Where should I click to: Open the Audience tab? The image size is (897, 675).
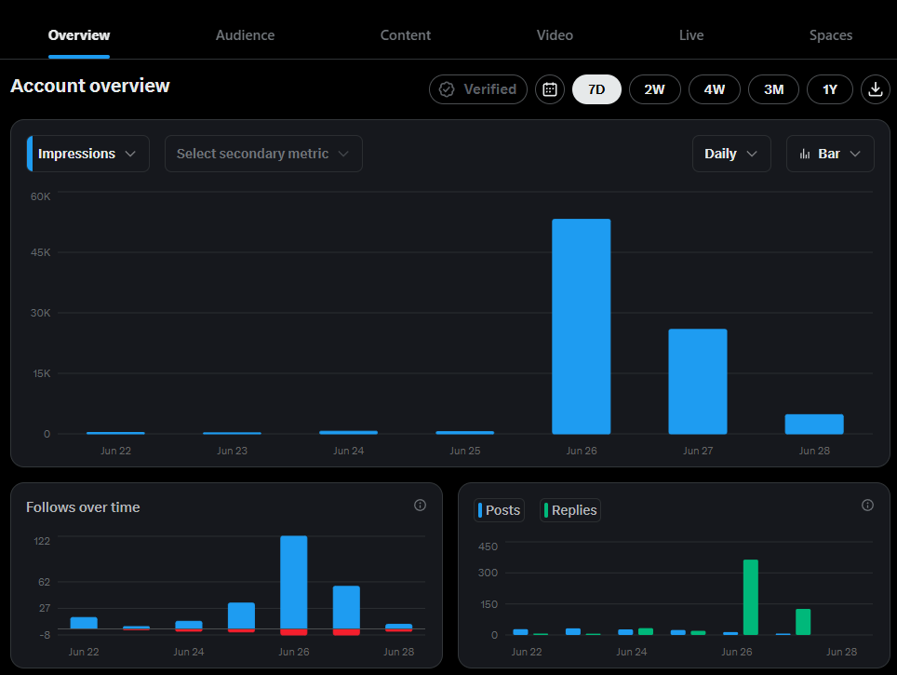coord(245,35)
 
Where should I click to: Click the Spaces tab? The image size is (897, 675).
coord(831,35)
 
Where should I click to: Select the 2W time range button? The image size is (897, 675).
coord(654,89)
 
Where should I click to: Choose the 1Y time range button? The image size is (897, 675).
coord(829,89)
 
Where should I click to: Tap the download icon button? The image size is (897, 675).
coord(876,89)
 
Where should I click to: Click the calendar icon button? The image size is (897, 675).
coord(550,89)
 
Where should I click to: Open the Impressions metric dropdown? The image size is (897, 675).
coord(88,154)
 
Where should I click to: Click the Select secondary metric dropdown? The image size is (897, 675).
coord(263,154)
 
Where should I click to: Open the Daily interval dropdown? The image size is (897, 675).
coord(731,154)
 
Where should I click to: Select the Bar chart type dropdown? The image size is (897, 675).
coord(830,154)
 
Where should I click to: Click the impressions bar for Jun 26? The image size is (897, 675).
coord(582,327)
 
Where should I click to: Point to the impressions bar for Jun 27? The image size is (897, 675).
coord(698,382)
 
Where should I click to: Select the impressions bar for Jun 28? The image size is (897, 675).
coord(814,425)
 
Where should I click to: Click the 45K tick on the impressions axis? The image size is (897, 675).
coord(41,252)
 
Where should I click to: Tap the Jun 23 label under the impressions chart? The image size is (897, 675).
coord(233,451)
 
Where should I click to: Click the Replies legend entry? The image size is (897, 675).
coord(570,510)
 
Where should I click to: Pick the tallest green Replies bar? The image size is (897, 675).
coord(751,597)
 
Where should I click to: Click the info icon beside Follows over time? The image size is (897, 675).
coord(420,505)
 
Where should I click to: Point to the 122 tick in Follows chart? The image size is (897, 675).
coord(42,541)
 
